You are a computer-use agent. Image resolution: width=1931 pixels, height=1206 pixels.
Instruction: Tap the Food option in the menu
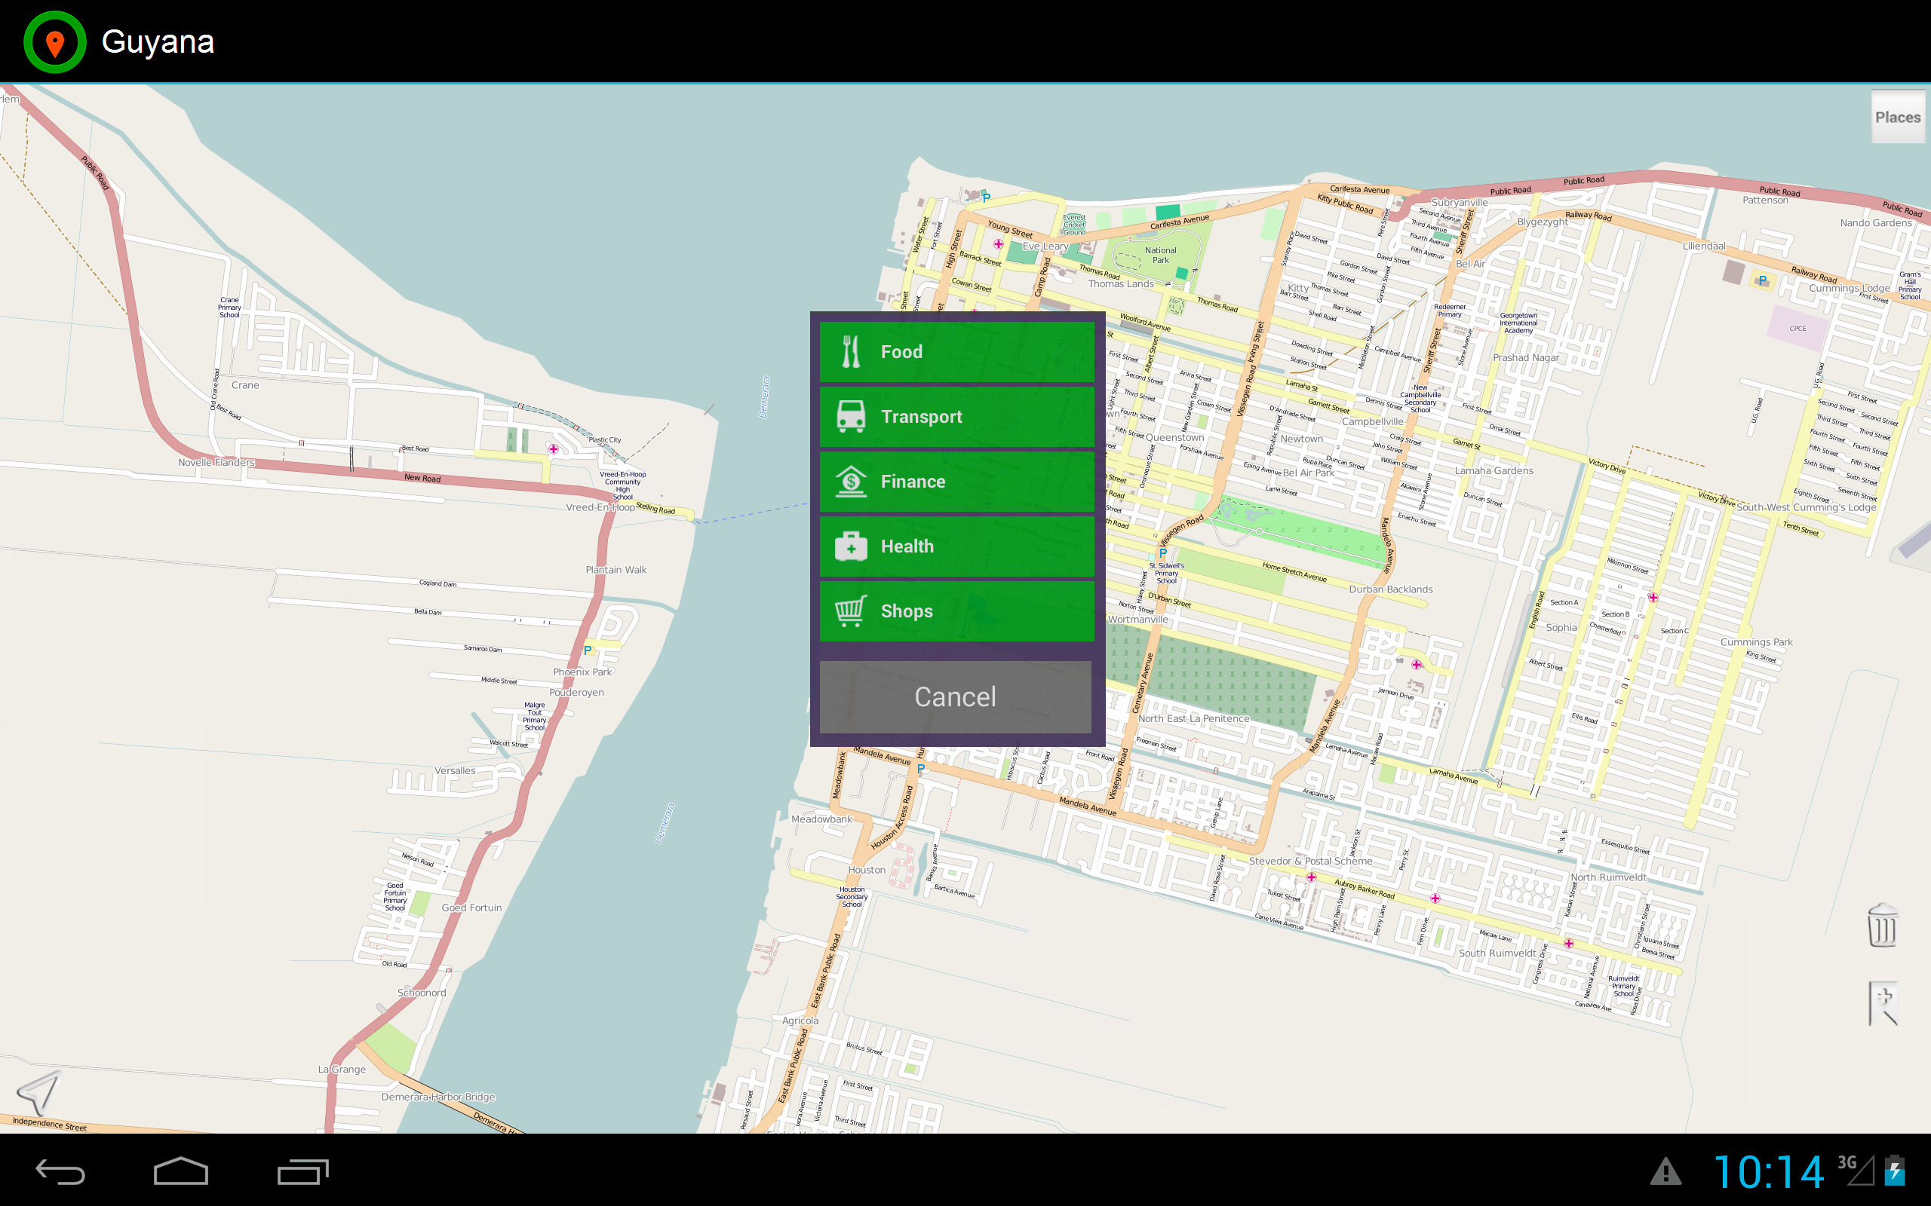(956, 352)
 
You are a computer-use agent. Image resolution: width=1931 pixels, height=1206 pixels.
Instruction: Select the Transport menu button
(956, 416)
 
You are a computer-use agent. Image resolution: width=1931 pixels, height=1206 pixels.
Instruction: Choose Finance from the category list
(956, 482)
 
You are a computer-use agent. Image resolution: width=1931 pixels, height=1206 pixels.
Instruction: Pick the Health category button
(956, 546)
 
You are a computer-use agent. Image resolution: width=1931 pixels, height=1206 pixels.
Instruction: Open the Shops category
(956, 611)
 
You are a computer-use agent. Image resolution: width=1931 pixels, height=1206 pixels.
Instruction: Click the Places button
(1898, 118)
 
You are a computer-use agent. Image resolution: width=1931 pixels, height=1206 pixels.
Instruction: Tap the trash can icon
(1881, 926)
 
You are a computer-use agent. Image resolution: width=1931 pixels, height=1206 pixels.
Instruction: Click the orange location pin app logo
(54, 42)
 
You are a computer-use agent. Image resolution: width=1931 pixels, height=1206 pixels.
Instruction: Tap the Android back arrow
(60, 1171)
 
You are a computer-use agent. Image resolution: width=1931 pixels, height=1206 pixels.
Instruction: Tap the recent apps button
(302, 1171)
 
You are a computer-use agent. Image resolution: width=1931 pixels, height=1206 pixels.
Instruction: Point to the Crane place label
(245, 385)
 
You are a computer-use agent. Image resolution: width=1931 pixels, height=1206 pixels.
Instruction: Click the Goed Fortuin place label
(471, 908)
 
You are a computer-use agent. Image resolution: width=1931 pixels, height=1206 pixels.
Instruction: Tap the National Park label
(1160, 256)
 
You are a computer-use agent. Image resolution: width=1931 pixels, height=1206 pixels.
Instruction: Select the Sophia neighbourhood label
(1561, 628)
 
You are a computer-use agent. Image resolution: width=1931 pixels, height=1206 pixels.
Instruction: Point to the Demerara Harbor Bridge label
(438, 1097)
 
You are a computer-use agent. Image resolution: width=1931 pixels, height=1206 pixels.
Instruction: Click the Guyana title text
(158, 42)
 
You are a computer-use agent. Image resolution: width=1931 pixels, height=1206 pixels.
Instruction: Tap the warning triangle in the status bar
(1665, 1171)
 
